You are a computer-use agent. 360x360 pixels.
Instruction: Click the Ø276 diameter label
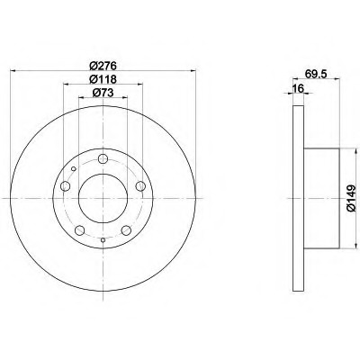(x=103, y=65)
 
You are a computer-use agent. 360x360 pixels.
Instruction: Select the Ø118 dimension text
(x=103, y=79)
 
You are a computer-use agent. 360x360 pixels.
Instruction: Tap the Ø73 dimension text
(x=103, y=93)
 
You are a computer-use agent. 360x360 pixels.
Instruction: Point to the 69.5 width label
(x=316, y=74)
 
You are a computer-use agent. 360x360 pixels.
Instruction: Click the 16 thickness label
(x=299, y=88)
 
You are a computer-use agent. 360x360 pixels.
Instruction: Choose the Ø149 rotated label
(x=351, y=198)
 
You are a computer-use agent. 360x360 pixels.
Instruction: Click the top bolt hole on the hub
(x=103, y=158)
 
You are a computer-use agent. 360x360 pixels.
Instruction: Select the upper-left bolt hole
(x=65, y=186)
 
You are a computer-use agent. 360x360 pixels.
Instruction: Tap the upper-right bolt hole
(x=140, y=186)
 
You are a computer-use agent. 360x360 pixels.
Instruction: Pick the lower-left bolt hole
(x=79, y=230)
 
